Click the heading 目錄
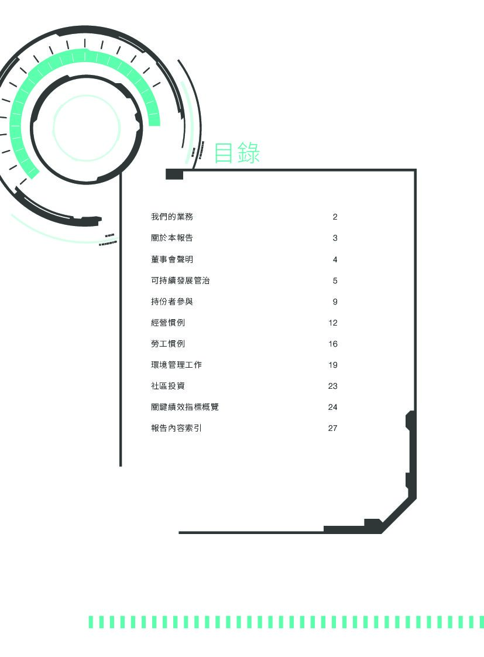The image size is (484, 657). click(x=236, y=153)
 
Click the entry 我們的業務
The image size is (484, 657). click(x=172, y=217)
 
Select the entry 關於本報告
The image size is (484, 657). click(x=172, y=238)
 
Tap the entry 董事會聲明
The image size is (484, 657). click(x=172, y=259)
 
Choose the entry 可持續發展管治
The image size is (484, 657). click(x=180, y=280)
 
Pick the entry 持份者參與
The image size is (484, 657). click(x=172, y=302)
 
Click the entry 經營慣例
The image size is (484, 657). click(x=168, y=323)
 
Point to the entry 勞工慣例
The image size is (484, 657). click(x=168, y=344)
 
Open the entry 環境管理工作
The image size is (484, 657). click(x=176, y=365)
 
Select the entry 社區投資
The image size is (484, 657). click(x=168, y=386)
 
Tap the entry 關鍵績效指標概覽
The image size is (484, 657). click(x=185, y=407)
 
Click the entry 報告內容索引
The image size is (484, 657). click(x=176, y=428)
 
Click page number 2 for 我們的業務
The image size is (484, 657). click(x=335, y=217)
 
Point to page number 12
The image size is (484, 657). click(x=333, y=323)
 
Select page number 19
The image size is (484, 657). click(x=333, y=365)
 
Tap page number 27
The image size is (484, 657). click(x=333, y=428)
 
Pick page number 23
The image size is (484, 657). click(x=333, y=386)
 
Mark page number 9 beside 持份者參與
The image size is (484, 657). click(x=335, y=302)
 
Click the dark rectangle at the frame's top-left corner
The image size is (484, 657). click(x=174, y=174)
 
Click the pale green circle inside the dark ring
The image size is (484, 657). click(x=87, y=127)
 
